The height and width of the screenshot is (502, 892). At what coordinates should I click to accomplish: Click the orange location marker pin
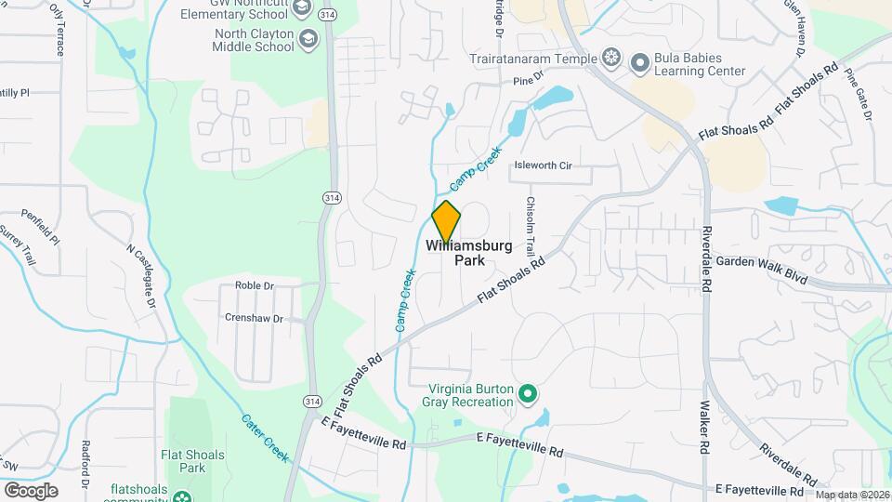446,222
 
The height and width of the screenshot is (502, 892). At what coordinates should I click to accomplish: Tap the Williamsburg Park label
469,253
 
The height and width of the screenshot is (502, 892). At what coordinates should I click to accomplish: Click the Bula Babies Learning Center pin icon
640,63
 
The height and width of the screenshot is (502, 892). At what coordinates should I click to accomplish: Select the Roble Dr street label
255,285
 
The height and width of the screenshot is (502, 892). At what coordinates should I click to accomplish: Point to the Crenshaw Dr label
254,317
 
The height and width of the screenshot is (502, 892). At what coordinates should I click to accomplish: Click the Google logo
31,490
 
